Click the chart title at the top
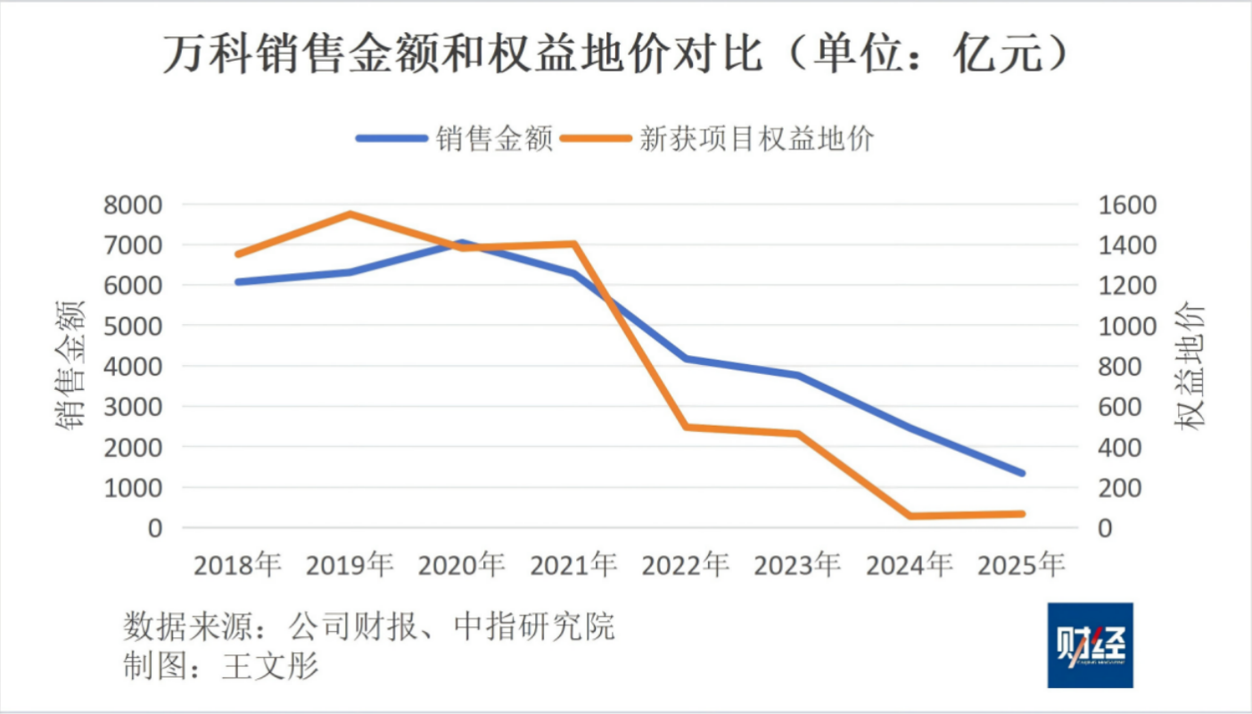tap(615, 55)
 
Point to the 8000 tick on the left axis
tap(134, 204)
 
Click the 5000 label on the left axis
tap(134, 326)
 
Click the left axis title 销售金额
tap(71, 366)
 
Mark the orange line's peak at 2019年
tap(350, 213)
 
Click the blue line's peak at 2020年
tap(462, 242)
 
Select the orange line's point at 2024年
tap(910, 516)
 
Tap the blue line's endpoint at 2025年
tap(1022, 473)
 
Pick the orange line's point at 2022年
tap(686, 427)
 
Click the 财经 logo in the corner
tap(1090, 644)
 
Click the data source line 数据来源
tap(368, 626)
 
